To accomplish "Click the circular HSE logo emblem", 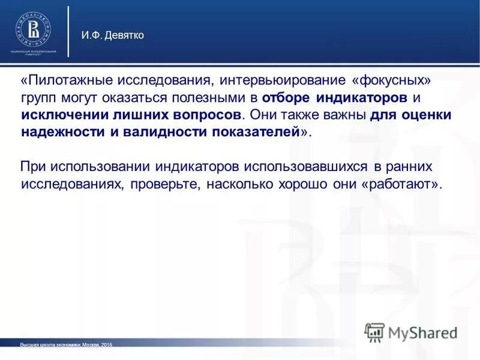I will pyautogui.click(x=33, y=29).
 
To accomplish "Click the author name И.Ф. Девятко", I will pyautogui.click(x=113, y=35).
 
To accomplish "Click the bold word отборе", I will pyautogui.click(x=286, y=98).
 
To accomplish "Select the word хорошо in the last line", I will pyautogui.click(x=299, y=184).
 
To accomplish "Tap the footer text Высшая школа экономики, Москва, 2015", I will pyautogui.click(x=66, y=345).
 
